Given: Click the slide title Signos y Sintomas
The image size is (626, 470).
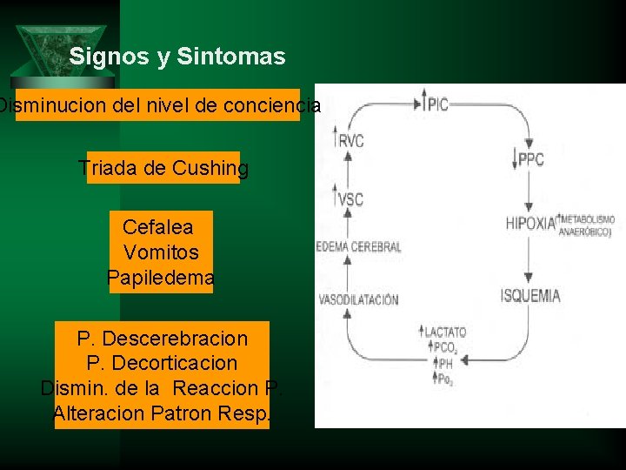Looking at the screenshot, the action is [x=177, y=57].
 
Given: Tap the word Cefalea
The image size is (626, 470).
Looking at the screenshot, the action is [x=157, y=227].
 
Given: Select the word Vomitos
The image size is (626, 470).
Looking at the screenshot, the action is [x=161, y=252].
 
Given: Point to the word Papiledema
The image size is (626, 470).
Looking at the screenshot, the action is [x=161, y=279].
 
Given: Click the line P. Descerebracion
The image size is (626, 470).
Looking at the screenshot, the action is [x=162, y=338].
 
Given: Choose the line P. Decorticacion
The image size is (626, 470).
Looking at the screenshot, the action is [x=162, y=362].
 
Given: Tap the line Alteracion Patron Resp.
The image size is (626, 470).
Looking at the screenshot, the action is [x=162, y=413].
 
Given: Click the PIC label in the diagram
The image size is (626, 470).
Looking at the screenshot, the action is [x=437, y=104].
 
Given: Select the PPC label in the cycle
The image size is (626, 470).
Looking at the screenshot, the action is [x=530, y=159].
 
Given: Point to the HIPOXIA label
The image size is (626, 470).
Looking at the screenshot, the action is [x=529, y=223].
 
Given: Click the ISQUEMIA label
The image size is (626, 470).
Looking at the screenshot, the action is [x=530, y=295].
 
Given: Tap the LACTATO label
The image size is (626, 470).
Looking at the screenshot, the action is [x=446, y=332].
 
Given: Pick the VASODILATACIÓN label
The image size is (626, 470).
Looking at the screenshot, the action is [x=358, y=299].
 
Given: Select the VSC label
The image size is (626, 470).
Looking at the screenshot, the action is [x=350, y=199].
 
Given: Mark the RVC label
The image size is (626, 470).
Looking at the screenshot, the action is [x=351, y=141].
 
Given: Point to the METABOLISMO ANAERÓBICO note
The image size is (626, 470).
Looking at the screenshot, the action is [x=587, y=225].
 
